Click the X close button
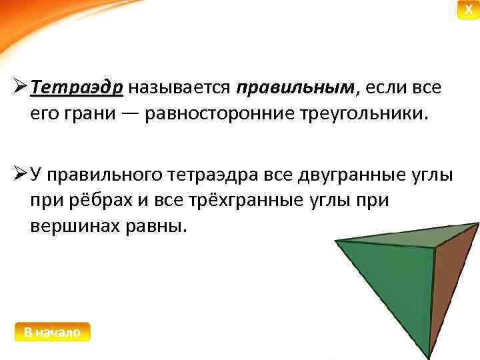click(x=469, y=10)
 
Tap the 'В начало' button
click(x=52, y=332)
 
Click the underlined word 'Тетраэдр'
click(x=77, y=88)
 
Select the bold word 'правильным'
click(x=296, y=88)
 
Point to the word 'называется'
click(x=180, y=88)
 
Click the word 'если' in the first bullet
click(x=387, y=88)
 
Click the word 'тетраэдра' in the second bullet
click(x=225, y=176)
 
